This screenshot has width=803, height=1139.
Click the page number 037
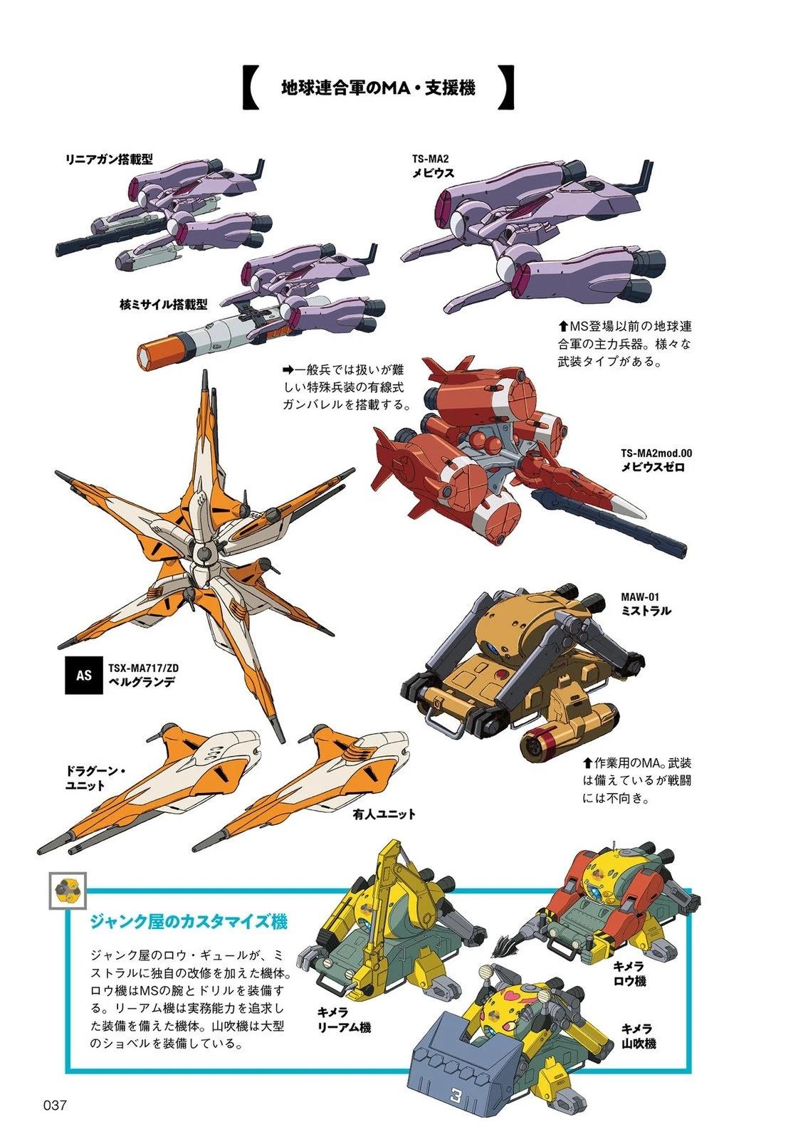[x=55, y=1106]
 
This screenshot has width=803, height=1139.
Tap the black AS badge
[x=84, y=674]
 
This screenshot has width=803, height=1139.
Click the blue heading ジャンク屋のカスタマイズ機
[x=188, y=923]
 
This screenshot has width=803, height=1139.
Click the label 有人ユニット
[x=383, y=814]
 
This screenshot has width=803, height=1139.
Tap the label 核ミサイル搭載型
[x=163, y=305]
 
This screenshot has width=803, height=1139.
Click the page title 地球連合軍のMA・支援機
[x=378, y=88]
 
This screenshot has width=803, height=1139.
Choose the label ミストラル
[x=645, y=611]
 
